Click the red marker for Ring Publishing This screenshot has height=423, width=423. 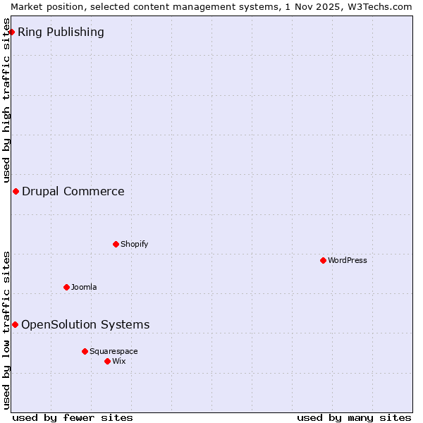click(x=12, y=32)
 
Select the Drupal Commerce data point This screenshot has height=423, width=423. click(x=16, y=191)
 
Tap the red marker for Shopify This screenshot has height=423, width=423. click(x=116, y=244)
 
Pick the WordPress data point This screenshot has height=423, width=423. click(x=323, y=260)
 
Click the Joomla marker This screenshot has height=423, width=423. click(x=66, y=287)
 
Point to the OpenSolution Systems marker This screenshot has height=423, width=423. click(x=15, y=324)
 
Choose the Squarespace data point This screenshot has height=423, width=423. click(x=85, y=351)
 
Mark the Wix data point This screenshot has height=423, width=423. click(x=107, y=361)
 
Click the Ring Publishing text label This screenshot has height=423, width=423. click(x=61, y=32)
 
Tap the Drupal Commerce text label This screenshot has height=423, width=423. click(x=73, y=191)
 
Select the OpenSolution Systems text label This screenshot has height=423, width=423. click(x=85, y=324)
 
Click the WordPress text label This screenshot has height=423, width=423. click(x=347, y=260)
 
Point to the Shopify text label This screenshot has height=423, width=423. click(x=134, y=244)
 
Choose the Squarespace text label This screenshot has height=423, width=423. click(x=114, y=351)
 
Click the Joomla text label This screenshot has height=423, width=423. click(x=84, y=287)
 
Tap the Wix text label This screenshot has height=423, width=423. click(x=118, y=361)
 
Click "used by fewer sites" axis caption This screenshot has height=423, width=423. click(x=73, y=417)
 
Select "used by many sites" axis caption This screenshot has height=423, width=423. click(x=354, y=417)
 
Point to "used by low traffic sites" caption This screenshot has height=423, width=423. click(x=7, y=329)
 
